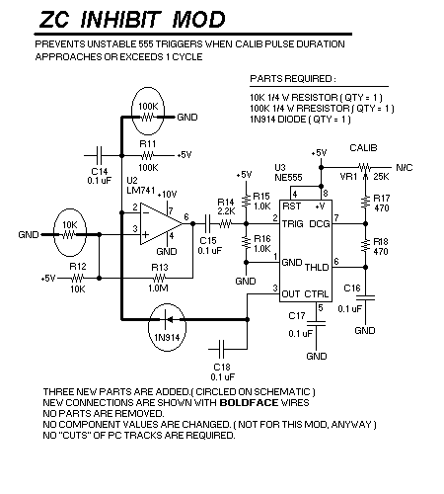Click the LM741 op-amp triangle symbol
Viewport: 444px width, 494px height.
click(x=161, y=224)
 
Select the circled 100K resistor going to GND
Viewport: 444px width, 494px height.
click(x=147, y=117)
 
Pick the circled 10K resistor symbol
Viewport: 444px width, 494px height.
click(x=68, y=235)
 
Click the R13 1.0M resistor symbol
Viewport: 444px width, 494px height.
click(x=160, y=279)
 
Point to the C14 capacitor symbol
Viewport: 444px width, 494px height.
click(x=100, y=155)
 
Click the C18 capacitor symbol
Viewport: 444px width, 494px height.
click(x=221, y=349)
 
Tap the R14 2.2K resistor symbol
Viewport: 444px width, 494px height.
click(x=226, y=224)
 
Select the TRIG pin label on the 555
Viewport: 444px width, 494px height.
click(x=292, y=224)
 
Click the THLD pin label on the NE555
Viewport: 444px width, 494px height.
click(x=317, y=267)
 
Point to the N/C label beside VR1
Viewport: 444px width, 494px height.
click(x=405, y=168)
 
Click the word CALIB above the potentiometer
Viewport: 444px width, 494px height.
click(x=363, y=148)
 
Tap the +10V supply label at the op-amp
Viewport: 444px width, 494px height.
click(x=167, y=195)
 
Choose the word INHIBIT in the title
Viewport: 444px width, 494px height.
click(x=120, y=20)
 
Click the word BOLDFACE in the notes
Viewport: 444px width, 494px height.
click(x=249, y=403)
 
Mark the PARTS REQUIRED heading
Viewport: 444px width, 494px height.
click(x=293, y=79)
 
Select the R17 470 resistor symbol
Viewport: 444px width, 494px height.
click(x=365, y=203)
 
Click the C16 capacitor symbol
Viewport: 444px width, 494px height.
click(x=365, y=298)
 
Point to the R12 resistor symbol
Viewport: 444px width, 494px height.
click(x=78, y=279)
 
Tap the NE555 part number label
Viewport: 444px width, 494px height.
click(x=288, y=178)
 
